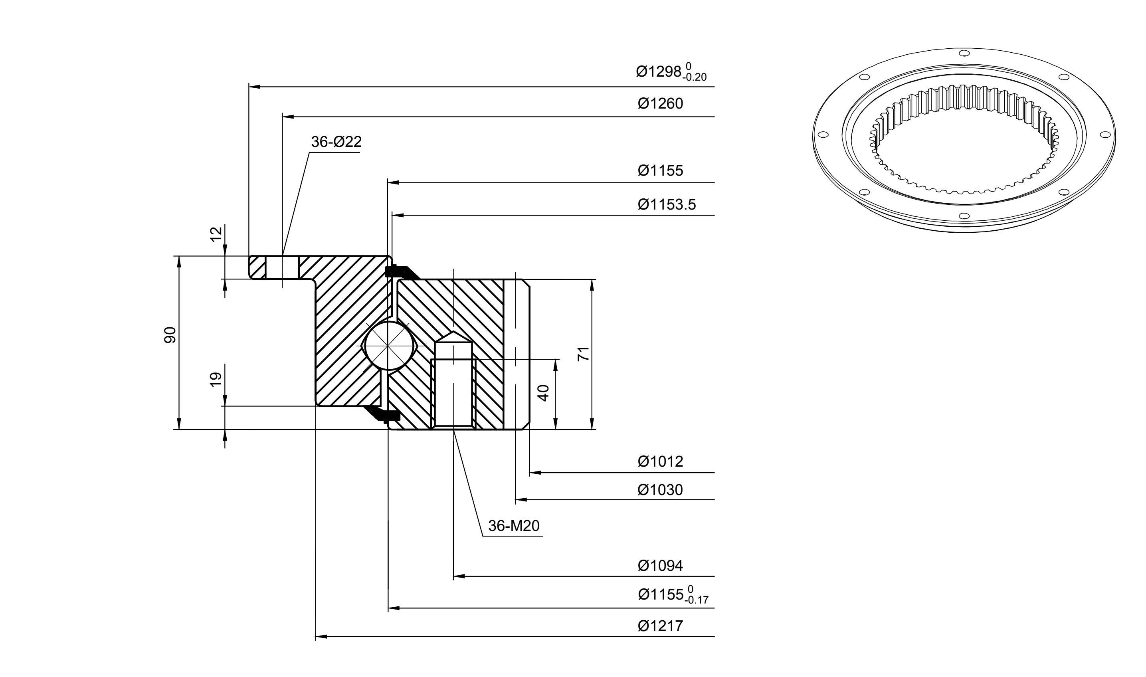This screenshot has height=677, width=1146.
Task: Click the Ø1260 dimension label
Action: click(x=660, y=103)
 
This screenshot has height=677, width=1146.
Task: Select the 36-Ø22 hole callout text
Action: click(x=336, y=142)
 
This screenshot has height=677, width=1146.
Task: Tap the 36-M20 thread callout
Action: click(x=514, y=526)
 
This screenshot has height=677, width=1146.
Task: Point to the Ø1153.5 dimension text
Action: click(x=667, y=204)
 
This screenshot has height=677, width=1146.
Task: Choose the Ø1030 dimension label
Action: click(x=660, y=490)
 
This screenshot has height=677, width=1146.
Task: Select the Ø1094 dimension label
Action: click(x=660, y=566)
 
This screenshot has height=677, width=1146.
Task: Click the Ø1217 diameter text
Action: click(x=660, y=626)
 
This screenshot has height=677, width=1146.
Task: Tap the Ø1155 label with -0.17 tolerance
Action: click(x=673, y=594)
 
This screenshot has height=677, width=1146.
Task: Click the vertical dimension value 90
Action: click(x=170, y=335)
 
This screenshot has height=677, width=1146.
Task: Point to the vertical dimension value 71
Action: click(x=584, y=354)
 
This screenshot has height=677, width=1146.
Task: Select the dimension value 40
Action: click(x=543, y=393)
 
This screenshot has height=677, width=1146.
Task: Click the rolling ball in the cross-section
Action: click(x=388, y=346)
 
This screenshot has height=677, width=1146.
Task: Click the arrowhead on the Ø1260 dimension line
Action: click(x=287, y=117)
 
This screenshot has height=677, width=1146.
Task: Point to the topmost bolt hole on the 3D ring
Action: click(x=964, y=53)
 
